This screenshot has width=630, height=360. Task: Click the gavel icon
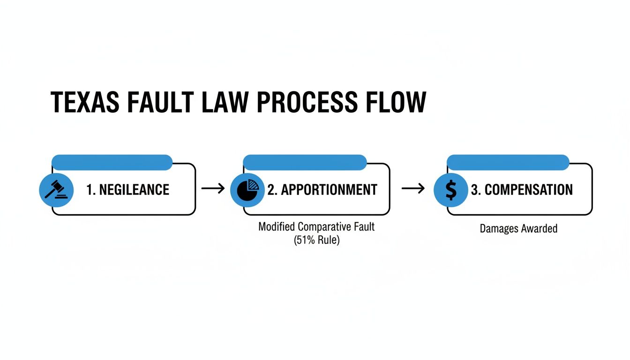pyautogui.click(x=55, y=189)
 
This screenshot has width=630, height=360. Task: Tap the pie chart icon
pyautogui.click(x=247, y=189)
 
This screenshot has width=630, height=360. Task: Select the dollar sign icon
pyautogui.click(x=450, y=189)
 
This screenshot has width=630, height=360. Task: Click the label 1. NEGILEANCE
pyautogui.click(x=127, y=189)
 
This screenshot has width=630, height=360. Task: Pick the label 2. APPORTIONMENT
pyautogui.click(x=322, y=189)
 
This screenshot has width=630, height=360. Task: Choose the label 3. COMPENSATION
pyautogui.click(x=521, y=189)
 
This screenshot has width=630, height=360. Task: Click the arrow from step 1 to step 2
pyautogui.click(x=213, y=188)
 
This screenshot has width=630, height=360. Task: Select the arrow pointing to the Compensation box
pyautogui.click(x=413, y=188)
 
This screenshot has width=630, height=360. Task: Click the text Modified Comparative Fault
pyautogui.click(x=316, y=227)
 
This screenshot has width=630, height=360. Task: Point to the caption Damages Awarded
pyautogui.click(x=518, y=229)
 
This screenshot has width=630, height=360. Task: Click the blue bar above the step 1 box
pyautogui.click(x=112, y=162)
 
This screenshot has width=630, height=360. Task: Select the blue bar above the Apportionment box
pyautogui.click(x=305, y=162)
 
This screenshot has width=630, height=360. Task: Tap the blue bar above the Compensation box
pyautogui.click(x=508, y=162)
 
